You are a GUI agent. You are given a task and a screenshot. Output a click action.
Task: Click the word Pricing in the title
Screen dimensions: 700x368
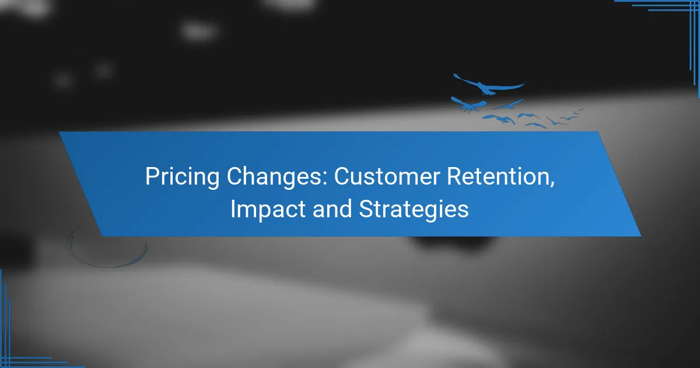coord(182,177)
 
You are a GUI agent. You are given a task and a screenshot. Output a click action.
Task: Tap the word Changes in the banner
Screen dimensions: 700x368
coord(276,177)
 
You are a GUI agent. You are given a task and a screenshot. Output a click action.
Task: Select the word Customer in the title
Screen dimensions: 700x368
coord(387,176)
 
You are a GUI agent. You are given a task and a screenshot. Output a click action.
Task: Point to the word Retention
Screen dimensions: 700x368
coord(498,176)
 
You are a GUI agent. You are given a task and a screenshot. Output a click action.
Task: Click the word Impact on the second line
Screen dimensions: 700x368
coord(268,210)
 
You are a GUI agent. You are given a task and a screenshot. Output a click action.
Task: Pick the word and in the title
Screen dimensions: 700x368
coord(332,209)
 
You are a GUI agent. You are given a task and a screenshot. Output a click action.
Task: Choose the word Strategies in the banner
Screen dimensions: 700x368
coord(414,210)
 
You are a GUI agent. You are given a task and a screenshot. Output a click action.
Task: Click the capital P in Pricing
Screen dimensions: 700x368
coord(152,176)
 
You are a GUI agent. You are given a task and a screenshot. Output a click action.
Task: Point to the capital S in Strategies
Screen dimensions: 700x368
coord(366,209)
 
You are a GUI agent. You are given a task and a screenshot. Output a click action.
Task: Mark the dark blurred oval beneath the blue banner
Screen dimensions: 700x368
coord(453,243)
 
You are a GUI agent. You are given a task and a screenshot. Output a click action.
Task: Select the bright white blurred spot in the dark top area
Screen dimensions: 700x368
coord(199,32)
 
